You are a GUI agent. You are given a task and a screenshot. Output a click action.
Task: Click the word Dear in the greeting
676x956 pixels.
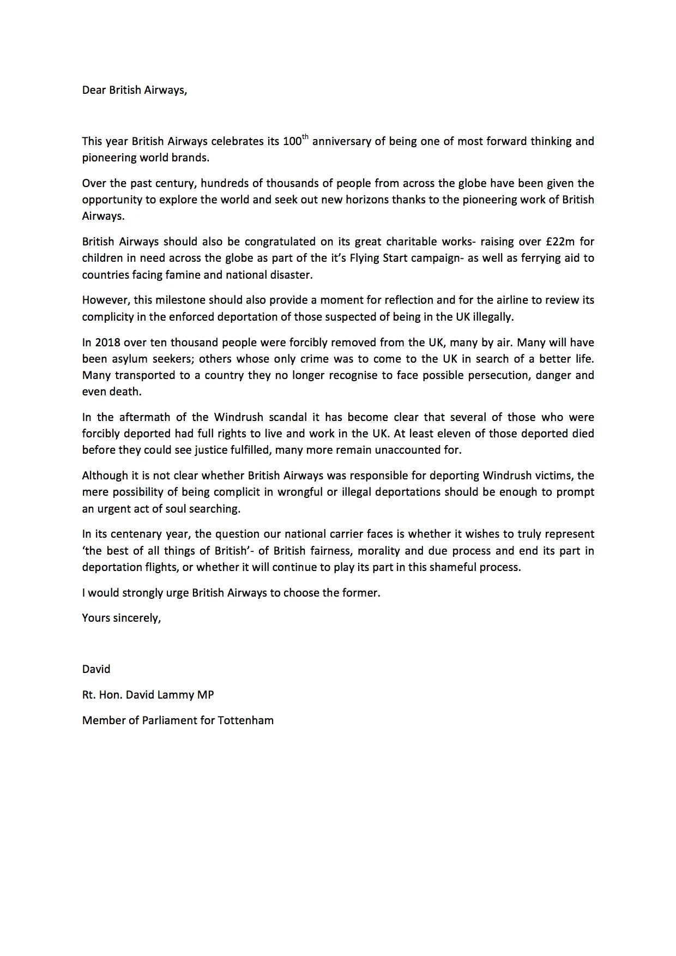coord(94,90)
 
